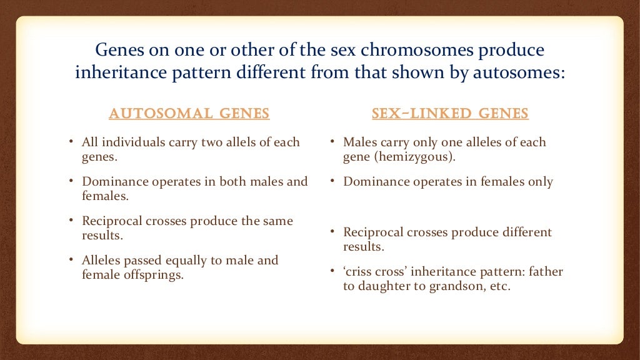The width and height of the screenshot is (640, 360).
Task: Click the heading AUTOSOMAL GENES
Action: tap(189, 114)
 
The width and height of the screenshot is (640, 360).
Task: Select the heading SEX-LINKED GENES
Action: tap(450, 114)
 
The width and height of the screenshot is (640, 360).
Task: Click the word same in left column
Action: tap(279, 221)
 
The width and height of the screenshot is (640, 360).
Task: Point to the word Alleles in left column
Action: tap(103, 259)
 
